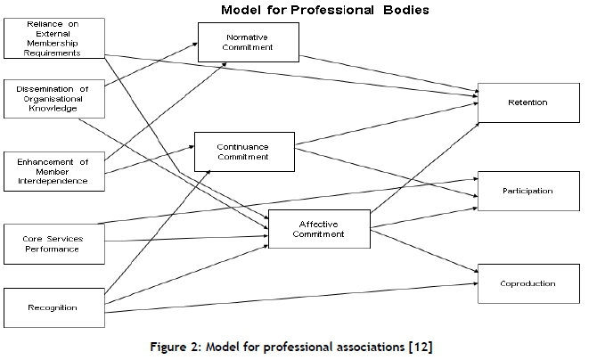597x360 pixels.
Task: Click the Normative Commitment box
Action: click(x=248, y=43)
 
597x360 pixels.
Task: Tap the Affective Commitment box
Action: click(x=318, y=227)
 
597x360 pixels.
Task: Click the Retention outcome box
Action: click(x=527, y=102)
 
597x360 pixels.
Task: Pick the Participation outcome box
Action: click(x=527, y=191)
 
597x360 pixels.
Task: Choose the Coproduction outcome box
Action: click(x=527, y=283)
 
